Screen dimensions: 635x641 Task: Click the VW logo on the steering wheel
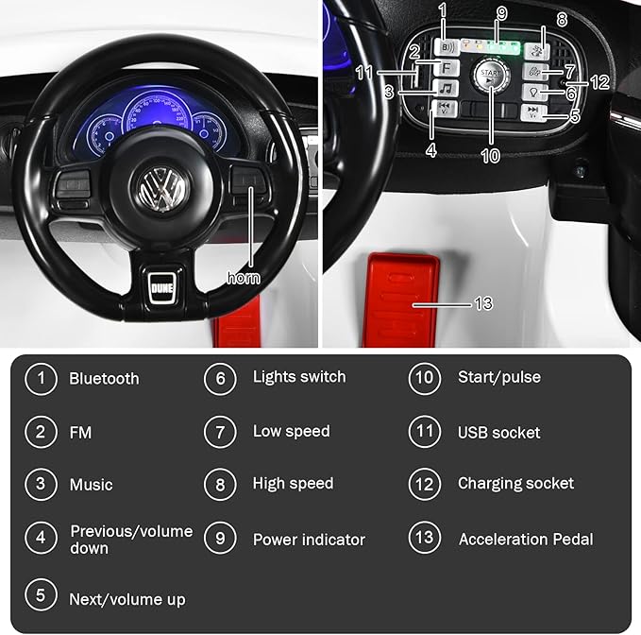[x=157, y=188]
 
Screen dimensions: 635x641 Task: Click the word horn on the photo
[x=245, y=278]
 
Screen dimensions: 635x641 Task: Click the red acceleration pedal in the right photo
[x=402, y=294]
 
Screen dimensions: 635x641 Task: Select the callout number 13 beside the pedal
[x=483, y=303]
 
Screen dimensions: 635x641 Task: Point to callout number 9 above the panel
[x=501, y=13]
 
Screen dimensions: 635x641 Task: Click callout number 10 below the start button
[x=490, y=155]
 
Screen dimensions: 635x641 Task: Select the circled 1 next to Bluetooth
[x=41, y=379]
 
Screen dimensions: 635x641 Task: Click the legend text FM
[x=80, y=433]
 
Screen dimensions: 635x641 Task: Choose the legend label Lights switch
[x=299, y=377]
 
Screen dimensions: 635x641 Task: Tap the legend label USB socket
[x=498, y=433]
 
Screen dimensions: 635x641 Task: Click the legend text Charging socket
[x=515, y=484]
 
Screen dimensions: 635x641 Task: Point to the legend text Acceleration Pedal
[x=526, y=540]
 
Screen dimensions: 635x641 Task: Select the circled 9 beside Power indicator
[x=220, y=539]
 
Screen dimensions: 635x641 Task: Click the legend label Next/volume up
[x=127, y=599]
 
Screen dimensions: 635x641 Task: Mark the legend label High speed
[x=293, y=484]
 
